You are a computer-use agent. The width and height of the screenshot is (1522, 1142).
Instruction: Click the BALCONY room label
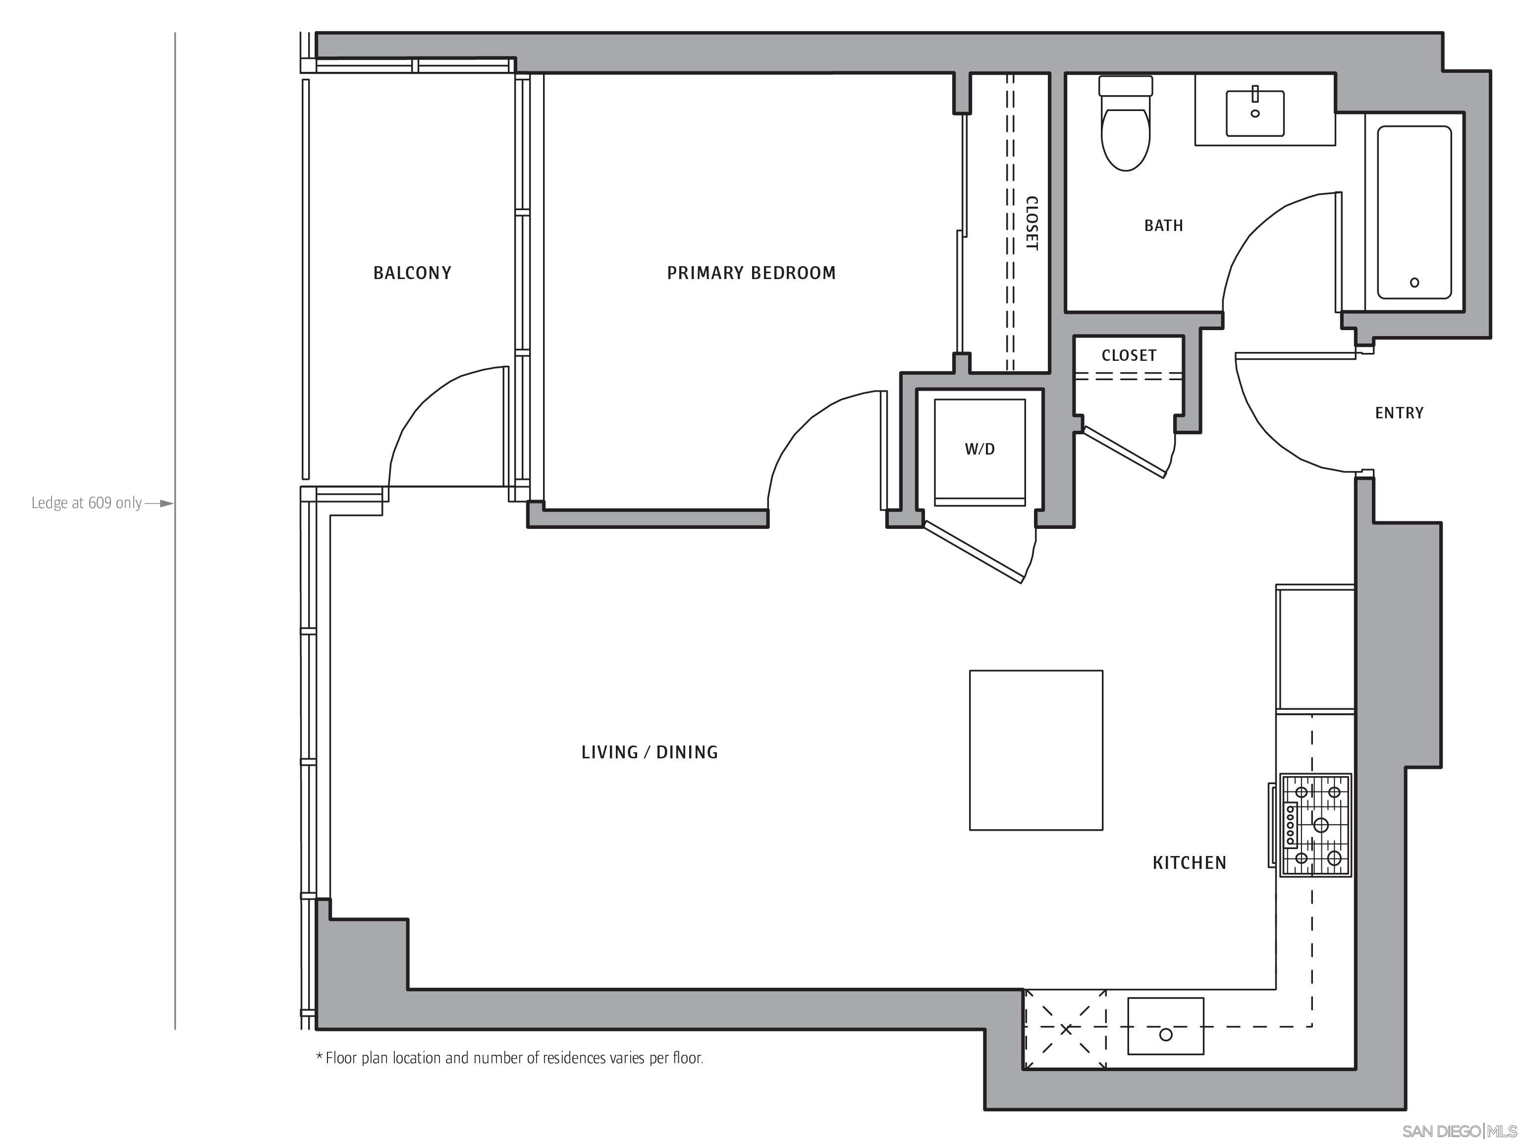click(412, 273)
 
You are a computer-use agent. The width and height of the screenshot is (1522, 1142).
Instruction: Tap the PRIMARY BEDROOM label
click(751, 273)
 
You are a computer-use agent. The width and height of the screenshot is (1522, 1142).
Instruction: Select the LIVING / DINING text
click(650, 752)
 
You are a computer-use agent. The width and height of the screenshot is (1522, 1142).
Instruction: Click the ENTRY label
click(1399, 413)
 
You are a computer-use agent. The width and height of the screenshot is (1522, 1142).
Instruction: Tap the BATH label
click(1163, 226)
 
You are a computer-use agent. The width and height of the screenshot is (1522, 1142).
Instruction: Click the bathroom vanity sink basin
click(1254, 114)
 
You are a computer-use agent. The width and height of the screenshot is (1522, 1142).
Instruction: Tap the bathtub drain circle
click(1414, 282)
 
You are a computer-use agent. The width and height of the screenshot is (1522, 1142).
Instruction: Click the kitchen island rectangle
click(1035, 750)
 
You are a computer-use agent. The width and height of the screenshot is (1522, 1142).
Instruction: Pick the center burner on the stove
click(1320, 825)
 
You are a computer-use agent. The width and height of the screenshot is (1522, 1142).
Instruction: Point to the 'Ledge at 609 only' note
click(87, 503)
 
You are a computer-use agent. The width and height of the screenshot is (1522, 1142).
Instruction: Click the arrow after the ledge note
click(160, 503)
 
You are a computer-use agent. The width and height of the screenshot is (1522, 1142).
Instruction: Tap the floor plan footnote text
click(509, 1058)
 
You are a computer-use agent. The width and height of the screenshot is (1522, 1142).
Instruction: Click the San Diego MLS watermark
click(1459, 1131)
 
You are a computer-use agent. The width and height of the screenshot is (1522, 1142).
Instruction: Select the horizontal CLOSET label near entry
click(1129, 356)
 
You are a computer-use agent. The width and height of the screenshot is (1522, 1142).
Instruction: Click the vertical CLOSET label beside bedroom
click(1031, 223)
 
